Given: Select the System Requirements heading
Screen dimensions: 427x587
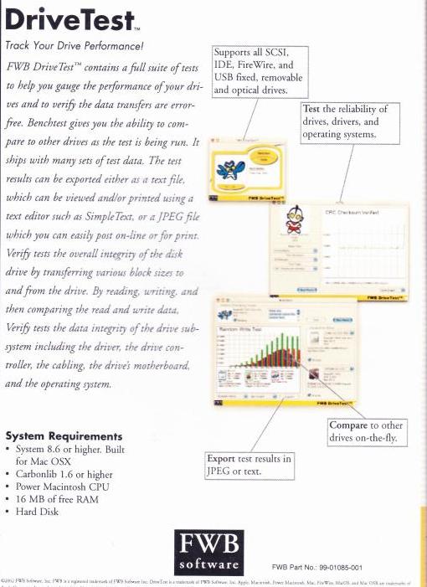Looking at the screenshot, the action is (x=64, y=436).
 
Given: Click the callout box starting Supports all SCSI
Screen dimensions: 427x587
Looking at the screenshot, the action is (x=261, y=72).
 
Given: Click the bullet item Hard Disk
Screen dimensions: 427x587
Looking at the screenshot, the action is (x=37, y=512).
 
